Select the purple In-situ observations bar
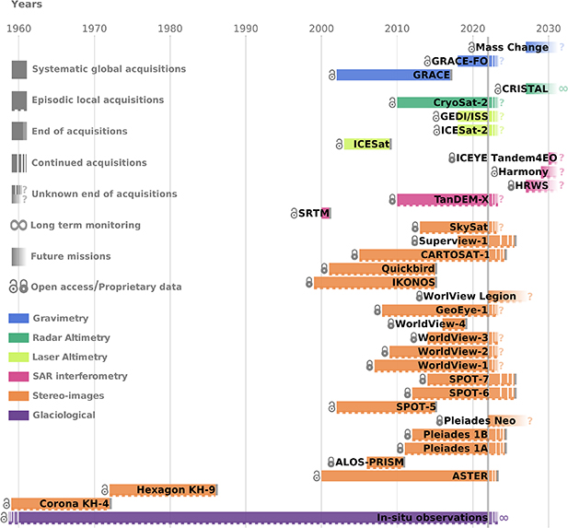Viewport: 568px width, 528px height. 249,518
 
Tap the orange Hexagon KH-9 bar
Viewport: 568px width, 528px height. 163,490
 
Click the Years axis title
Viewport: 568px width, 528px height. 27,5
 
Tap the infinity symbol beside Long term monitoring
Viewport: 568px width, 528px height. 18,226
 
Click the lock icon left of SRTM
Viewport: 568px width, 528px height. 294,214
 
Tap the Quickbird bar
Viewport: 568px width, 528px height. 382,268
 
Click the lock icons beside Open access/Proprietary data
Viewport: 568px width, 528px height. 18,287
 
